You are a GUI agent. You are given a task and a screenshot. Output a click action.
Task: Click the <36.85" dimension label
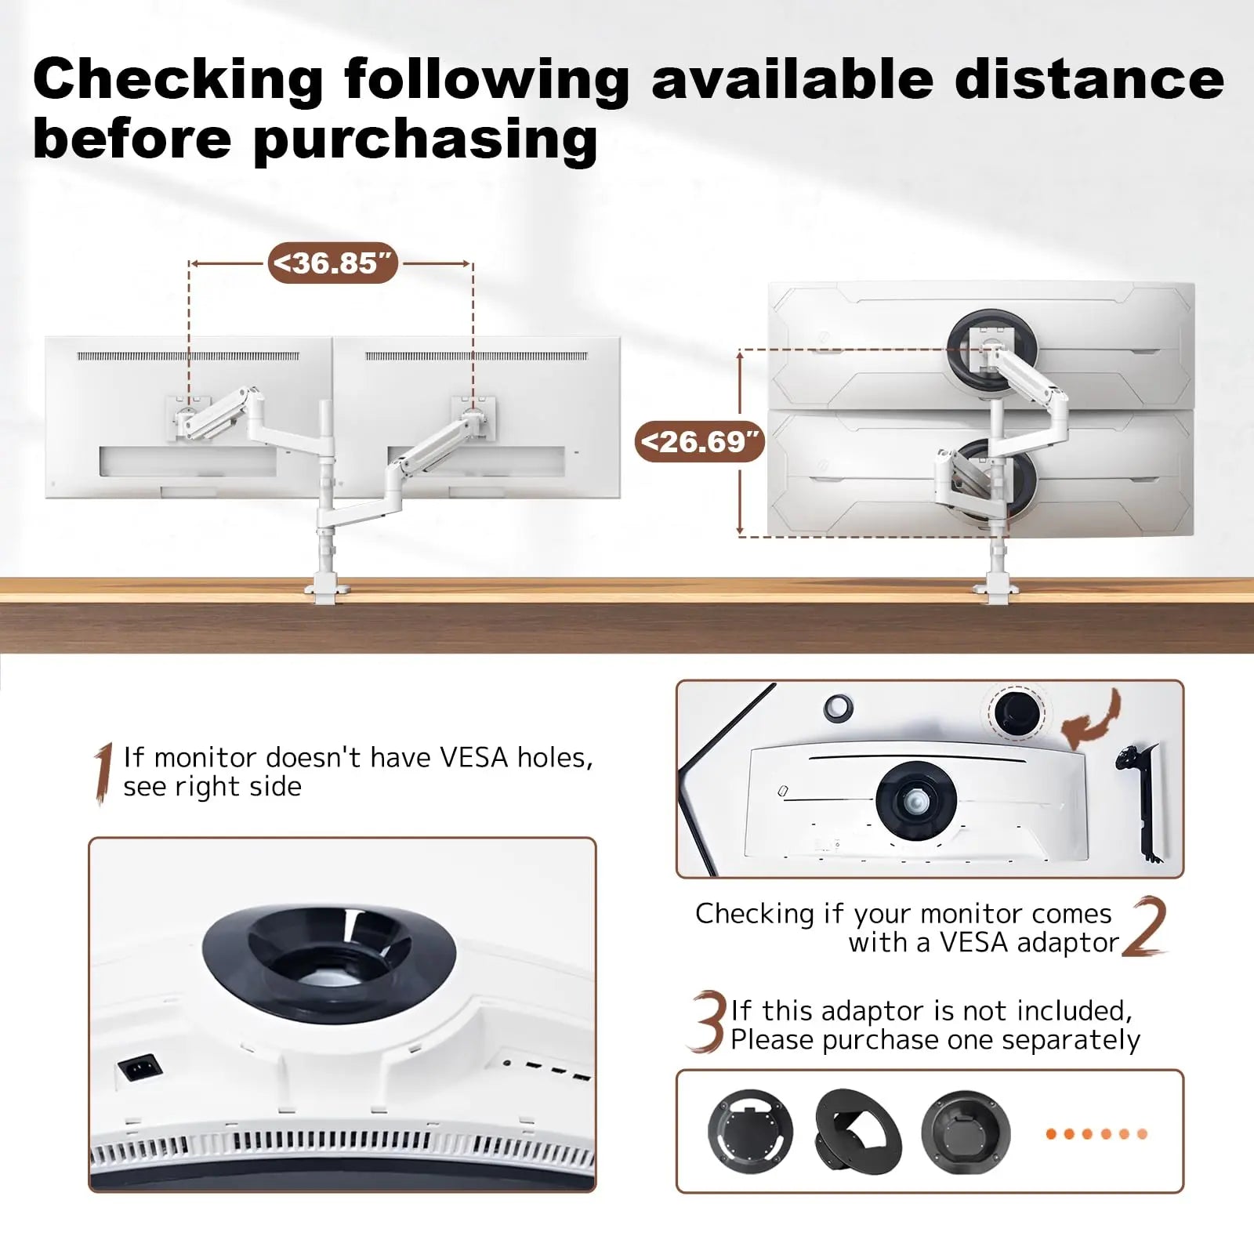pyautogui.click(x=333, y=263)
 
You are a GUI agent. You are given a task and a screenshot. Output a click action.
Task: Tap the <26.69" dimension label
pyautogui.click(x=699, y=441)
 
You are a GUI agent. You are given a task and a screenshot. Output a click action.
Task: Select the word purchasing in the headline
pyautogui.click(x=426, y=141)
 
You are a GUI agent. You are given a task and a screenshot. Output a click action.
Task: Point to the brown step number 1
pyautogui.click(x=103, y=774)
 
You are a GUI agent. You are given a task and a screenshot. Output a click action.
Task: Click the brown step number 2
pyautogui.click(x=1144, y=926)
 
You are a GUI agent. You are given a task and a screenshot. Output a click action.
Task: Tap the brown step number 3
pyautogui.click(x=708, y=1021)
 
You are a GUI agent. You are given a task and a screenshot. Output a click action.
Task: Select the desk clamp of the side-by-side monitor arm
pyautogui.click(x=326, y=589)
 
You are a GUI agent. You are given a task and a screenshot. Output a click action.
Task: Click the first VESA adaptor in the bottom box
pyautogui.click(x=750, y=1131)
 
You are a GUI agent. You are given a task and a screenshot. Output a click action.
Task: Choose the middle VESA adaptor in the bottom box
pyautogui.click(x=858, y=1131)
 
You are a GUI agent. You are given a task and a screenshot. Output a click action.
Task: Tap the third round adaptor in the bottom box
pyautogui.click(x=966, y=1133)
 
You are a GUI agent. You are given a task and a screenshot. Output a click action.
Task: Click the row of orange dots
pyautogui.click(x=1096, y=1133)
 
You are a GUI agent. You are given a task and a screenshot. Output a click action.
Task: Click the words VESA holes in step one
pyautogui.click(x=516, y=758)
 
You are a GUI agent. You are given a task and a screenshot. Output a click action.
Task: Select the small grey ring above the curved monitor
pyautogui.click(x=838, y=707)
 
